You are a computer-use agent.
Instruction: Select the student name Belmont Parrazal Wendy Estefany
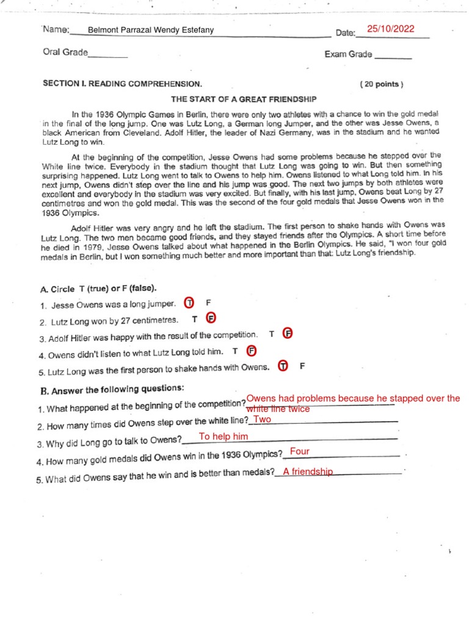pos(151,30)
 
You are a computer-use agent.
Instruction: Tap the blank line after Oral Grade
pos(108,56)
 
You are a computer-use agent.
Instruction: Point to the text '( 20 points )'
pos(382,85)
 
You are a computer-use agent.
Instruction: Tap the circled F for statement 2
pos(211,319)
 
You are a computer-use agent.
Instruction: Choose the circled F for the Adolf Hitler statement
pos(288,333)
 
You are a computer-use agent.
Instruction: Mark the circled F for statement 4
pos(251,350)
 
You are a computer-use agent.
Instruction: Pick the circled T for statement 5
pos(283,366)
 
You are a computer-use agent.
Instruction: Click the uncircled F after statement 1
pos(208,302)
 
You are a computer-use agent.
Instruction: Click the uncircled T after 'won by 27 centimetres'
pos(194,319)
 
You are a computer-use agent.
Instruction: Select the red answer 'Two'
pos(262,419)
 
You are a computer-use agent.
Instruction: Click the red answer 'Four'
pos(300,452)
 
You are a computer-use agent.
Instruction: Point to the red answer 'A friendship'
pos(308,471)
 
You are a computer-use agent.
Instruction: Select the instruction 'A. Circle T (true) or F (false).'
pos(98,287)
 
